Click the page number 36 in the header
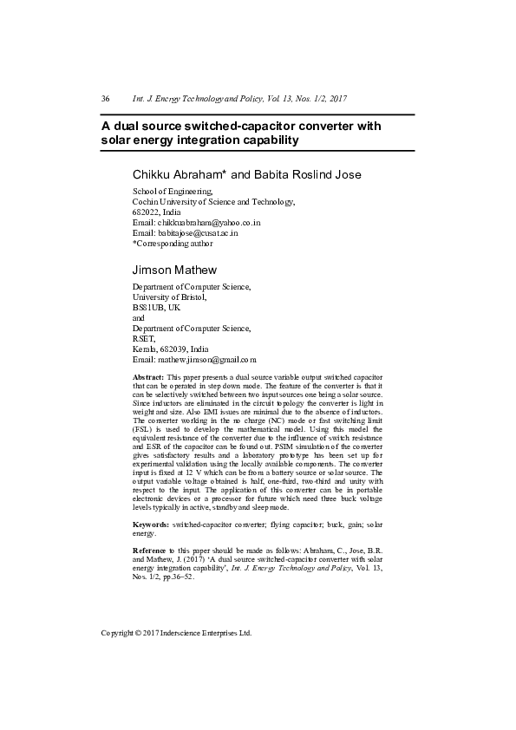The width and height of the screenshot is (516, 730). [x=105, y=99]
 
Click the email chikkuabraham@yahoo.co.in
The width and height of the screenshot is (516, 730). [x=209, y=223]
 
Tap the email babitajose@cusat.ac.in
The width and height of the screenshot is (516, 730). [x=197, y=233]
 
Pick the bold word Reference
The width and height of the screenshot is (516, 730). [x=148, y=551]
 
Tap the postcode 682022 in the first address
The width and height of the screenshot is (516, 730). [x=145, y=212]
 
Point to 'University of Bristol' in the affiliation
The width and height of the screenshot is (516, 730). [x=169, y=297]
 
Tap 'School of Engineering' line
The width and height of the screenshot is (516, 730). [x=172, y=192]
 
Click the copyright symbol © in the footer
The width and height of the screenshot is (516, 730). [x=140, y=633]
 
